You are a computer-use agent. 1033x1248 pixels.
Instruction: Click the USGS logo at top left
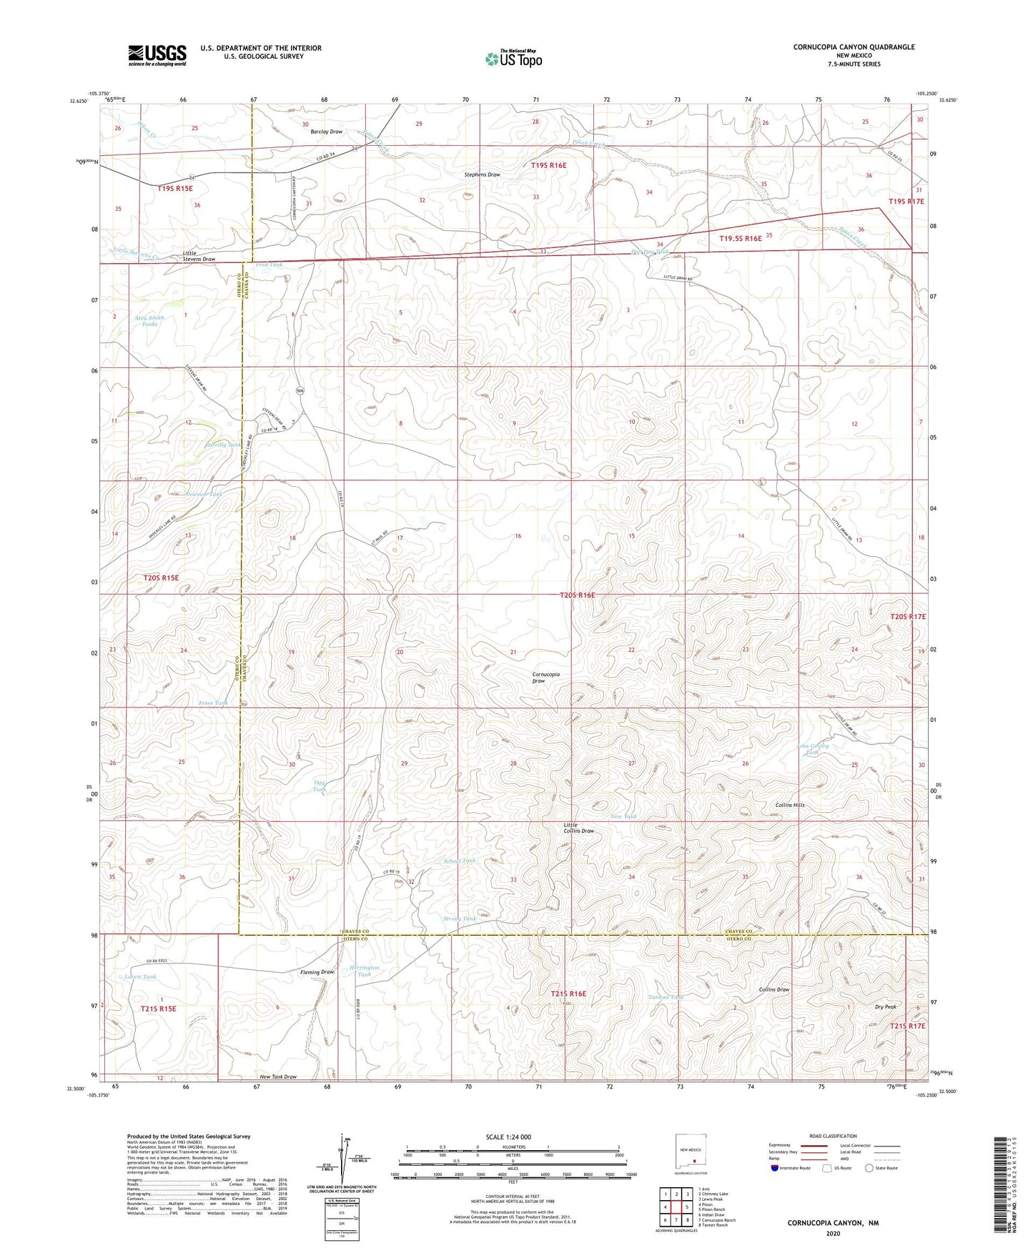point(157,54)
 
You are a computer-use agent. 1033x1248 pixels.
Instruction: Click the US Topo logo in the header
point(513,59)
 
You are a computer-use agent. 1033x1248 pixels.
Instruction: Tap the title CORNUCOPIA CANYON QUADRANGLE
point(854,47)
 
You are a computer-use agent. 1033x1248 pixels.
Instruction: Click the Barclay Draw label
point(326,132)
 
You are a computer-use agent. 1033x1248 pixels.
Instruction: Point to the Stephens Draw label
point(482,174)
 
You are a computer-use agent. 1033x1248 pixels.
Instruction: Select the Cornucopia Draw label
point(546,678)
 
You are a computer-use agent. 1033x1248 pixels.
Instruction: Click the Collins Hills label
point(790,805)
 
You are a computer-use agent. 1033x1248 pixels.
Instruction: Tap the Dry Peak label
point(885,1006)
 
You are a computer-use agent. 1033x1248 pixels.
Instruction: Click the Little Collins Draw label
point(578,828)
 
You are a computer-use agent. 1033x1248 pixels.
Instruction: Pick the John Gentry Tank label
point(812,749)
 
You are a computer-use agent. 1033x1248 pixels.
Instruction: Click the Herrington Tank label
point(364,971)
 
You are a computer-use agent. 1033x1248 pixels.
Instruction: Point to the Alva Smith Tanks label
point(149,321)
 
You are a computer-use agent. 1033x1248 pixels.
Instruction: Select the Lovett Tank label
point(140,976)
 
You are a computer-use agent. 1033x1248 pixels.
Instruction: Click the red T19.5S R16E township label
point(740,239)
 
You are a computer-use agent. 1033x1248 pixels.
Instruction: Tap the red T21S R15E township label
point(158,1009)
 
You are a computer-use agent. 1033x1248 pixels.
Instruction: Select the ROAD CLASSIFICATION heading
point(833,1136)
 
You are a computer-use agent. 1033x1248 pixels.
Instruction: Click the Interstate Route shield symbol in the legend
point(775,1169)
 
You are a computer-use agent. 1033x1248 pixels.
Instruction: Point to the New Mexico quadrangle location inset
point(691,1152)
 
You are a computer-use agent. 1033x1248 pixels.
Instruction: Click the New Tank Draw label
point(278,1076)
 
